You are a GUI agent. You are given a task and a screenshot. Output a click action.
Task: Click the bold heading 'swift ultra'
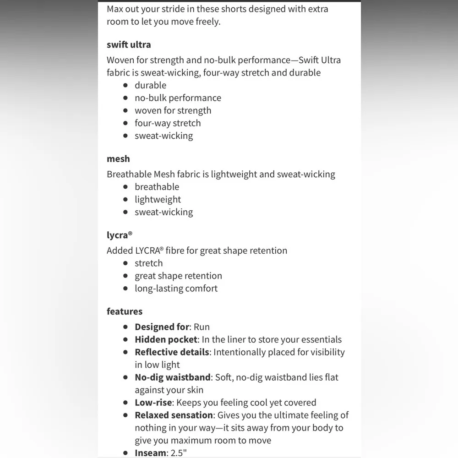coord(129,45)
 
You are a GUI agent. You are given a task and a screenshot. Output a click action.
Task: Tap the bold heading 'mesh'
coord(118,159)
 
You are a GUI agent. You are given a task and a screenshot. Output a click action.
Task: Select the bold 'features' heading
coord(125,311)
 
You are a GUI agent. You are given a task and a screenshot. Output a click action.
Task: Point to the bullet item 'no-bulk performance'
coord(178,98)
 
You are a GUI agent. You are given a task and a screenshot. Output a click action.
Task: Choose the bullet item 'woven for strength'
coord(173,110)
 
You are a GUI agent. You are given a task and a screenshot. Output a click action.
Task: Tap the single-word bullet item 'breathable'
coord(157,187)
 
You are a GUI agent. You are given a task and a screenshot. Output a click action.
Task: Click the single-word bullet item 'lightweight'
coord(158,200)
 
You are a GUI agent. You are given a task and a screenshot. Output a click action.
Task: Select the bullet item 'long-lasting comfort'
coord(176,289)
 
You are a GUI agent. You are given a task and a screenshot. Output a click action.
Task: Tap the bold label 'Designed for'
coord(162,327)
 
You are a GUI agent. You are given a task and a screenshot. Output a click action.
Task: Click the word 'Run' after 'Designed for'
coord(202,327)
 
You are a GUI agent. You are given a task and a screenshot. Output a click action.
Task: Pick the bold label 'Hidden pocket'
coord(166,340)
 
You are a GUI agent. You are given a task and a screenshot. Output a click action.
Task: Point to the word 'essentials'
coord(319,340)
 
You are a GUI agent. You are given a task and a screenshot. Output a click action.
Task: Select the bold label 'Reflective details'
coord(172,352)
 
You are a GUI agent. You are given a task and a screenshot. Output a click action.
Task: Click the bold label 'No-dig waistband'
coord(173,377)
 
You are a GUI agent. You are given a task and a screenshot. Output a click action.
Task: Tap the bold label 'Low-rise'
coord(153,403)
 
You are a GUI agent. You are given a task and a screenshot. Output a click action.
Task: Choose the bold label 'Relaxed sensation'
coord(174,415)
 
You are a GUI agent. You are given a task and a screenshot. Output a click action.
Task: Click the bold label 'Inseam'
coord(150,453)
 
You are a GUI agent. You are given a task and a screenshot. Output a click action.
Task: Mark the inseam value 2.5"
coord(179,453)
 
